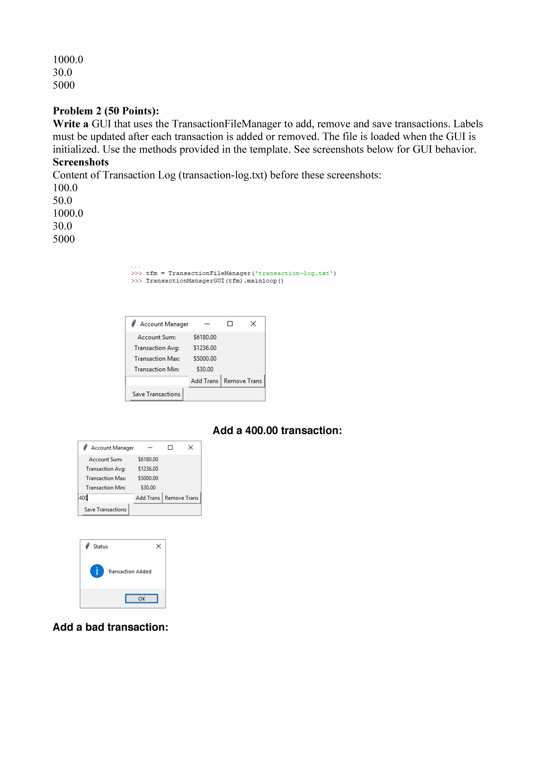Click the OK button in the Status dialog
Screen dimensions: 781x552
(142, 599)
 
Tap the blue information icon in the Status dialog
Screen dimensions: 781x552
(97, 571)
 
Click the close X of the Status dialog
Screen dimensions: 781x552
(159, 546)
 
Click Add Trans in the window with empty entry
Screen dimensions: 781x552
(204, 381)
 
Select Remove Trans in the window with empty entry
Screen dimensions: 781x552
(243, 381)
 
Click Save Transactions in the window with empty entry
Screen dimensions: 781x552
(156, 394)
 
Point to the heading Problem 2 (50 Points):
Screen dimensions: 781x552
(106, 111)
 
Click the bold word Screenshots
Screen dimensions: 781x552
(81, 162)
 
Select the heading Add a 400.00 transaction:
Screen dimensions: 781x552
(277, 431)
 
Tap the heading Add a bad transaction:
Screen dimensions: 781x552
(111, 627)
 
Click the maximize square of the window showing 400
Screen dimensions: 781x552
(170, 448)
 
